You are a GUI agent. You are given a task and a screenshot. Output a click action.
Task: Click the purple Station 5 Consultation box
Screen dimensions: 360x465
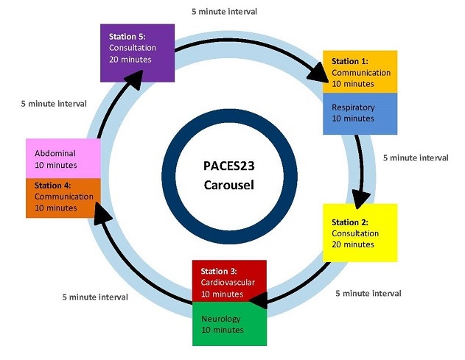click(x=138, y=52)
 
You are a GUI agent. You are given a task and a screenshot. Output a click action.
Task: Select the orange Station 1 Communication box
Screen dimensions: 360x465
click(x=360, y=71)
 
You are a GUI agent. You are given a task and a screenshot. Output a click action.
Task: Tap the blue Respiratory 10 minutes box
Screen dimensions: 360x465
click(x=360, y=113)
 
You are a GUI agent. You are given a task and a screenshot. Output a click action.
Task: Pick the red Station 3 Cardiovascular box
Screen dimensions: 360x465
click(x=228, y=280)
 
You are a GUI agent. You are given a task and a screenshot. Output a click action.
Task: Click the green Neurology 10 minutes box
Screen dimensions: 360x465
click(x=228, y=324)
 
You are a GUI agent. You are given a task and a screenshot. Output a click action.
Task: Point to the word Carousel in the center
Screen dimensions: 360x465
click(x=228, y=184)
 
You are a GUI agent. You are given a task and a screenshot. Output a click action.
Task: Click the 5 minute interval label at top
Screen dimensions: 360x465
click(x=224, y=12)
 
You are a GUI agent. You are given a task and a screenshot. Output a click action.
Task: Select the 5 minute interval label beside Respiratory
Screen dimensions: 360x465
click(x=416, y=158)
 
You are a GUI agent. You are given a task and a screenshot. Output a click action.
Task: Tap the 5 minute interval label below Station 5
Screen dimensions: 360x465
click(x=53, y=104)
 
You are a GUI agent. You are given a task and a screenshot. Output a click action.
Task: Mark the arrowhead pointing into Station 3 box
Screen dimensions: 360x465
click(x=258, y=299)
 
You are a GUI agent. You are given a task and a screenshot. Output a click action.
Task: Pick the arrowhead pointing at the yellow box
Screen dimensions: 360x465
click(x=360, y=197)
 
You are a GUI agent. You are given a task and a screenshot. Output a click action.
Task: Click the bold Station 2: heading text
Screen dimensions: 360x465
click(x=349, y=222)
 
